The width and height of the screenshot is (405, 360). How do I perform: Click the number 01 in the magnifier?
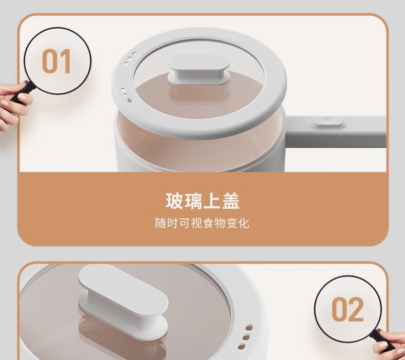pos(56,61)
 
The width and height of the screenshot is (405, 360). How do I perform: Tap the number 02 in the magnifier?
pos(348,309)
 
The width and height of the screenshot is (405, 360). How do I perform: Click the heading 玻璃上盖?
pos(202,201)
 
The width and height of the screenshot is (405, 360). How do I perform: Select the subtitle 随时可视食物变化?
pos(202,223)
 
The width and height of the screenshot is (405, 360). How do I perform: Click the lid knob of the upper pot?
pos(199,70)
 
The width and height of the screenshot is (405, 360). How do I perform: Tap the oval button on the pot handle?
pos(328,122)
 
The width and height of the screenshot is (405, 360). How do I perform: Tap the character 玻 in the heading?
pos(174,201)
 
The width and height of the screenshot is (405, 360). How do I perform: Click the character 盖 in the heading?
pos(231,201)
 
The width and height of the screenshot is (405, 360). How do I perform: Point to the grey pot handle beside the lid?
pos(336,132)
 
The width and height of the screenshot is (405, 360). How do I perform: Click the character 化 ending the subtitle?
pos(244,223)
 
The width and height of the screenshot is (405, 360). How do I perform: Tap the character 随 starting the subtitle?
pos(160,223)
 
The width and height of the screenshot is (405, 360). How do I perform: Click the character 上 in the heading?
pos(212,201)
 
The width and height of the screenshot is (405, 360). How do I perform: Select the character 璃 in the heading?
pos(193,201)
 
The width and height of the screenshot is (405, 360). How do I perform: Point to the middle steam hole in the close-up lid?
pos(246,337)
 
